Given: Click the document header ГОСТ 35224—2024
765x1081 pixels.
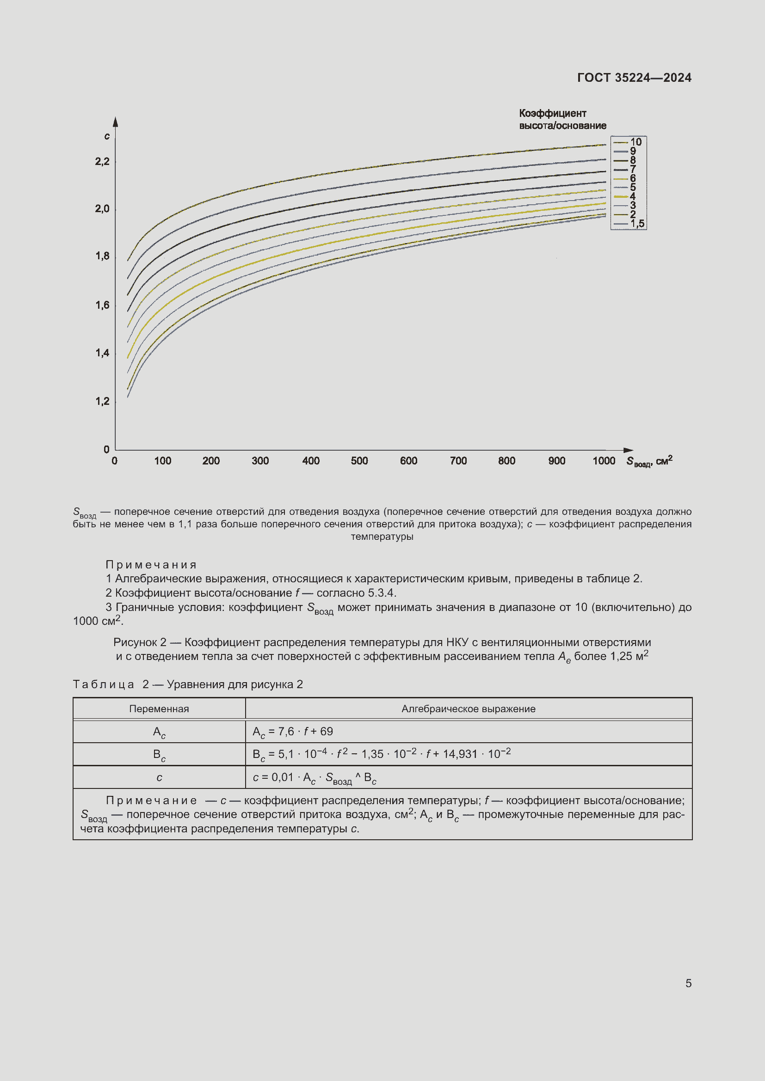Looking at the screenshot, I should point(634,78).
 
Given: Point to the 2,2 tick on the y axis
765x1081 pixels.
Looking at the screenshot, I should point(102,161).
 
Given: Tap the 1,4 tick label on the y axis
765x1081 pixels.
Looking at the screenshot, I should point(102,353).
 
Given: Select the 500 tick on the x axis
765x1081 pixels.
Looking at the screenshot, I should point(359,461).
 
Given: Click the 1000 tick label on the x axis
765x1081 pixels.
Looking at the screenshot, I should point(604,461).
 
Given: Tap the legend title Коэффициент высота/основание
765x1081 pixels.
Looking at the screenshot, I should point(562,119).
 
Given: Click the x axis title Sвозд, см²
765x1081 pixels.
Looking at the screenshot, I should point(648,461).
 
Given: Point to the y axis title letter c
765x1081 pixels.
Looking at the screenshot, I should point(107,136).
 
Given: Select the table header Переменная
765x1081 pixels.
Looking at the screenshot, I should point(159,708).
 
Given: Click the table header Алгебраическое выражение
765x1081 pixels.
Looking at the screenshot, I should point(468,708).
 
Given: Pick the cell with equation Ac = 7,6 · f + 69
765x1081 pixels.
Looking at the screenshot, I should point(292,731).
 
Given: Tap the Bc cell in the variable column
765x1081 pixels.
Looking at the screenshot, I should point(159,754).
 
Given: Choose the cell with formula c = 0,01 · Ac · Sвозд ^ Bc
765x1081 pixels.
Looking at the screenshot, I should point(314,778).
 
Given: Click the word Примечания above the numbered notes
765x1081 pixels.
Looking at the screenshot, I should point(151,564).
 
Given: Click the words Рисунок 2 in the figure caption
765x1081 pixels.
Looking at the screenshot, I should point(140,642).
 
